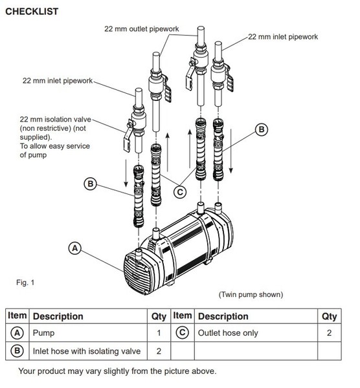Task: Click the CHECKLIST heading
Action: (x=31, y=11)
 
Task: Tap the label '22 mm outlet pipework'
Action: (x=142, y=28)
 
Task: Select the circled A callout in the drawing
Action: (x=76, y=247)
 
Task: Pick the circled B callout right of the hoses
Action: (x=262, y=129)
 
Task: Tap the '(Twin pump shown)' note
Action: (x=251, y=295)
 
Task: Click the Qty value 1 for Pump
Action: (x=159, y=334)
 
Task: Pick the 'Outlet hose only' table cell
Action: (x=227, y=334)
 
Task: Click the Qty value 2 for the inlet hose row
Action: (x=159, y=352)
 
